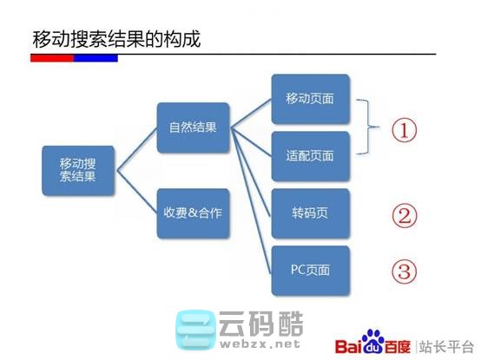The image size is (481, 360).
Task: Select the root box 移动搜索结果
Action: coord(78,169)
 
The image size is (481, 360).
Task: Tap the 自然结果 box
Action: coord(193,128)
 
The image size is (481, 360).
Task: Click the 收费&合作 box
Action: coord(193,212)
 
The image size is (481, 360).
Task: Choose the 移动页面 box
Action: coord(310,99)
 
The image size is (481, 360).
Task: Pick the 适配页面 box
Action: coord(310,156)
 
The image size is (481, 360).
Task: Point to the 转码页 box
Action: coord(310,213)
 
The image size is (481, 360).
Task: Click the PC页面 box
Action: coord(310,270)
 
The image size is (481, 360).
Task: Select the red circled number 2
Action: coord(403,214)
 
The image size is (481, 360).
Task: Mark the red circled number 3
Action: coord(403,272)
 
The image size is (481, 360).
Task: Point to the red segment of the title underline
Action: coord(51,57)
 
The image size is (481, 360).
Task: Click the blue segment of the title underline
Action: coord(96,57)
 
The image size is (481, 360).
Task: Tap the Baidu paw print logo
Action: coord(373,341)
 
